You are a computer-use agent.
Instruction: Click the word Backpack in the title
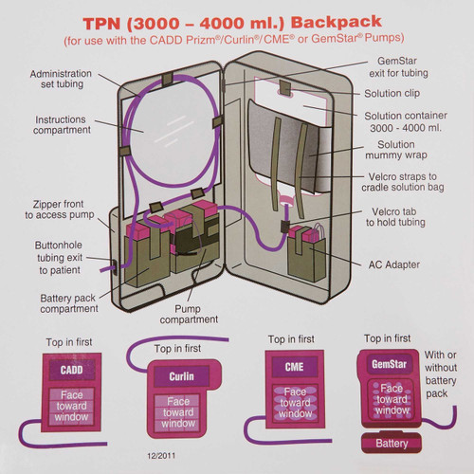pyautogui.click(x=336, y=22)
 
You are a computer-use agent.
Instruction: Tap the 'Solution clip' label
pyautogui.click(x=392, y=93)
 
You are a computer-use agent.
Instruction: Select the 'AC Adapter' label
pyautogui.click(x=394, y=264)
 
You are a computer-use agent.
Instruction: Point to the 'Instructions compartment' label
pyautogui.click(x=62, y=124)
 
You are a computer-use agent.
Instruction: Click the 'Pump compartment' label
pyautogui.click(x=189, y=314)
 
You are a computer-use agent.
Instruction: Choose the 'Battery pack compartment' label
pyautogui.click(x=69, y=303)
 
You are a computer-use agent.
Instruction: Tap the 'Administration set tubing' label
pyautogui.click(x=61, y=79)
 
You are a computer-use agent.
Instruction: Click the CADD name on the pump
pyautogui.click(x=71, y=370)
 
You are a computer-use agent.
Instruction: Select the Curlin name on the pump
pyautogui.click(x=181, y=376)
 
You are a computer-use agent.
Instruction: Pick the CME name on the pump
pyautogui.click(x=294, y=367)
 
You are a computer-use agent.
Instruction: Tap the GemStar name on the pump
pyautogui.click(x=389, y=364)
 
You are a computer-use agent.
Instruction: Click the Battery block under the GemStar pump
pyautogui.click(x=392, y=442)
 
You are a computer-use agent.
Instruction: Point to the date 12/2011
pyautogui.click(x=161, y=455)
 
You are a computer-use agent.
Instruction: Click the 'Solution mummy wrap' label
pyautogui.click(x=396, y=150)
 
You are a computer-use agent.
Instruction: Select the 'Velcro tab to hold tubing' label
pyautogui.click(x=395, y=217)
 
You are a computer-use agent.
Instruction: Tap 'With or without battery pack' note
pyautogui.click(x=441, y=374)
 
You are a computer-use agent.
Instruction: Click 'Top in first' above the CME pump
pyautogui.click(x=291, y=339)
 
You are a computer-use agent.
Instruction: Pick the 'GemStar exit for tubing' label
pyautogui.click(x=398, y=67)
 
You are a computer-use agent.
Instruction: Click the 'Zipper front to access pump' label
pyautogui.click(x=60, y=210)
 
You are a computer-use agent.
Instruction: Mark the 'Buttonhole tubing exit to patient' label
pyautogui.click(x=60, y=258)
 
